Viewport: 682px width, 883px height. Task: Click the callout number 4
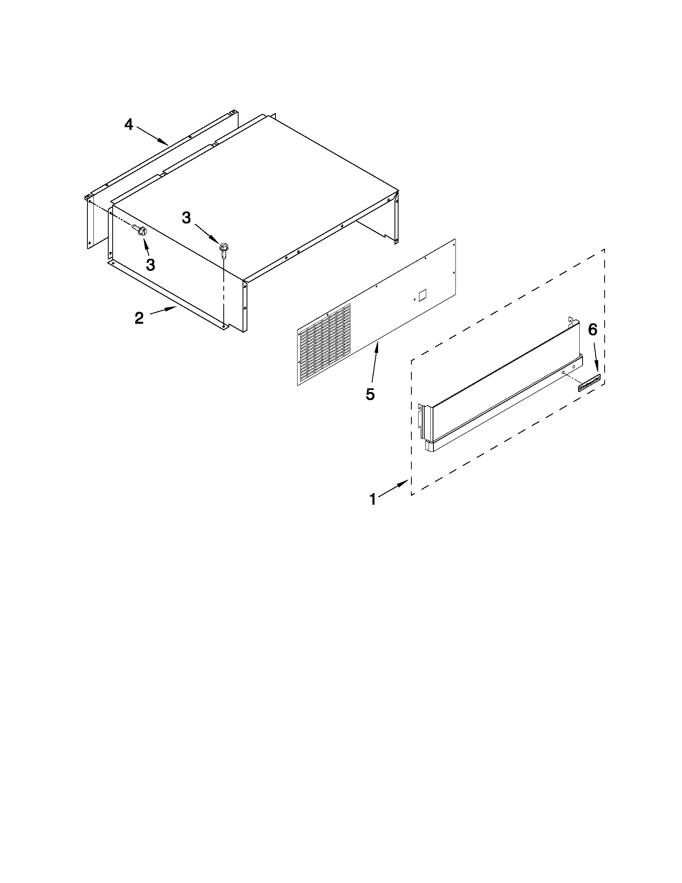[x=128, y=124]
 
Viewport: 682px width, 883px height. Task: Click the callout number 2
[x=139, y=318]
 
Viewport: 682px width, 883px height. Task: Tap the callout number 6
[x=592, y=330]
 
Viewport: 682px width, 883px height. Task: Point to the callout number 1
[x=372, y=500]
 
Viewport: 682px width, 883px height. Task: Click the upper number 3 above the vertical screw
[x=186, y=218]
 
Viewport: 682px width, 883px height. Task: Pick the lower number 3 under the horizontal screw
[x=150, y=265]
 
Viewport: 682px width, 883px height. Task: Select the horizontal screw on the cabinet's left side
[x=139, y=231]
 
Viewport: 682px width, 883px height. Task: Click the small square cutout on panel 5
[x=423, y=295]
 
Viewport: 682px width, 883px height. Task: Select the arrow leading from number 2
[x=164, y=311]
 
